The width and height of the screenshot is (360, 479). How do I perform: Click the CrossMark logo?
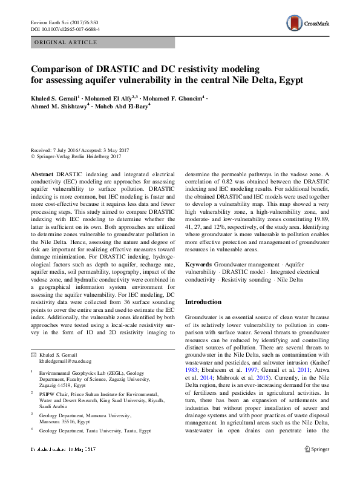click(x=307, y=24)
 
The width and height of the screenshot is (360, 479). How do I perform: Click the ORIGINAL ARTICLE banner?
click(x=66, y=42)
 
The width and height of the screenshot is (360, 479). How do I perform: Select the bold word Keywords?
click(x=198, y=265)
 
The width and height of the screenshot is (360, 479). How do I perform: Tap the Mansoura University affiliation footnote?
click(x=85, y=418)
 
